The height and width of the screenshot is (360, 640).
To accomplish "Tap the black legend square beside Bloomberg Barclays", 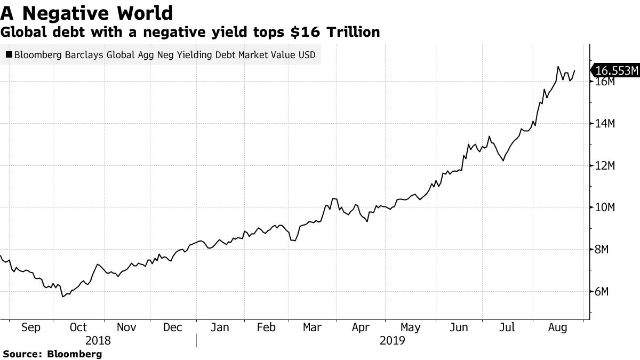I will pos(9,54).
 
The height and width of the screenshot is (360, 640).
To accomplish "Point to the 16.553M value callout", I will pos(617,70).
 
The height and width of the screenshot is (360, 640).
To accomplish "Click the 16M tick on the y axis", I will pos(605,82).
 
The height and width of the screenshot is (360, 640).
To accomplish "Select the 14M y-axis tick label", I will pos(605,124).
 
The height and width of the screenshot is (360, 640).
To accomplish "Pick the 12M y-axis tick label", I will pos(605,166).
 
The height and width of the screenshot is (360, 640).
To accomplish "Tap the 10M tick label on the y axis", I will pos(605,207).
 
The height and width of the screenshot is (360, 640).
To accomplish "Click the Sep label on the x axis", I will pos(30,327).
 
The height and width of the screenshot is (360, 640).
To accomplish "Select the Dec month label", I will pos(173,327).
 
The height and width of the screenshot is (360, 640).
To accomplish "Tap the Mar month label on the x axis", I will pos(313,327).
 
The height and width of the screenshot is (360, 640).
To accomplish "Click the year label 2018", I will pos(98,340).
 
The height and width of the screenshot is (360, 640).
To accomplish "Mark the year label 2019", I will pos(392,340).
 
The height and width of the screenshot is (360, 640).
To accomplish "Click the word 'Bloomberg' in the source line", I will pos(75,354).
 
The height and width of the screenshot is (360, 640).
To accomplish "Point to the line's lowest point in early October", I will pos(63,297).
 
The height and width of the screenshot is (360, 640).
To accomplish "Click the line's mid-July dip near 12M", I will pos(503,160).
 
